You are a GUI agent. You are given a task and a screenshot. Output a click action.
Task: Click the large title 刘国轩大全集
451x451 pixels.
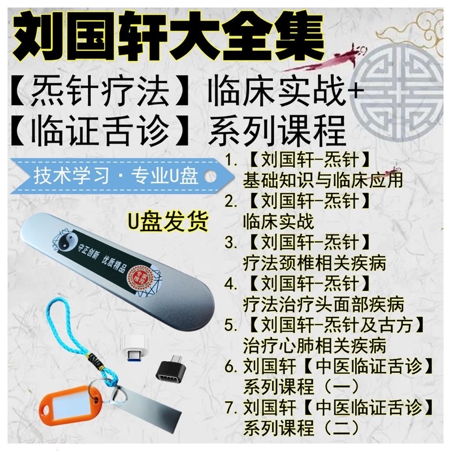pos(169,35)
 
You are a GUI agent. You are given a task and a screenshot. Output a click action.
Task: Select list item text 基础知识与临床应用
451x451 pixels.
pos(322,180)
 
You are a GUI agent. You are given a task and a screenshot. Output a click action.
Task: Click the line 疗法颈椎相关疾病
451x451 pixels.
pos(315,263)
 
